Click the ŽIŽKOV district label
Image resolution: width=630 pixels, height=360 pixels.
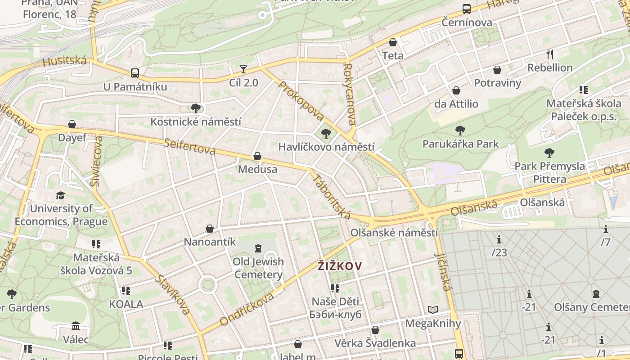tap(339, 266)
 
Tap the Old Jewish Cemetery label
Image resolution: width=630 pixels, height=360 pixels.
tap(258, 268)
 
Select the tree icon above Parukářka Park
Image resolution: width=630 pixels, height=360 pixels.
tap(460, 130)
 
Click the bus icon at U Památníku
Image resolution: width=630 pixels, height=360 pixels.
tap(135, 73)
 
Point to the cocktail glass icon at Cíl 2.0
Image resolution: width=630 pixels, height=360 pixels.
tap(243, 69)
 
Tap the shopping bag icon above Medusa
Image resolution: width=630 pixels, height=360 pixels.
tap(257, 156)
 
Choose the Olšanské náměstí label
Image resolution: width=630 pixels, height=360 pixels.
tap(394, 233)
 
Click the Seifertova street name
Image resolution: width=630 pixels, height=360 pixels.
tap(190, 146)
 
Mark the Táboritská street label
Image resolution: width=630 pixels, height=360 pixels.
tap(331, 196)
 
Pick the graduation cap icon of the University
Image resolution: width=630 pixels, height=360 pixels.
tap(60, 195)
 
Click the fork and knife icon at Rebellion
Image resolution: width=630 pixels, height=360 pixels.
tap(549, 54)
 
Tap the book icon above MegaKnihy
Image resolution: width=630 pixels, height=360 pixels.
tap(433, 310)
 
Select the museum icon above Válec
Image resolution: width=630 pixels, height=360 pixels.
tap(76, 326)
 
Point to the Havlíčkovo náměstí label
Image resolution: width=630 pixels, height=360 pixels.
tap(326, 147)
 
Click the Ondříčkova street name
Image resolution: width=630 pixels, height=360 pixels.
tap(247, 309)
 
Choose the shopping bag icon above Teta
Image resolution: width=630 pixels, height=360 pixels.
tap(393, 42)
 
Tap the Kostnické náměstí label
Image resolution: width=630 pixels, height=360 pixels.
tap(196, 121)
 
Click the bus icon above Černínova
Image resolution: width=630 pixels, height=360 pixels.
tap(467, 9)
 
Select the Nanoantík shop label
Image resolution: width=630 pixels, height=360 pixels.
tap(210, 242)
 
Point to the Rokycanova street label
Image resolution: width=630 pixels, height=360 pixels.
tap(349, 94)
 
